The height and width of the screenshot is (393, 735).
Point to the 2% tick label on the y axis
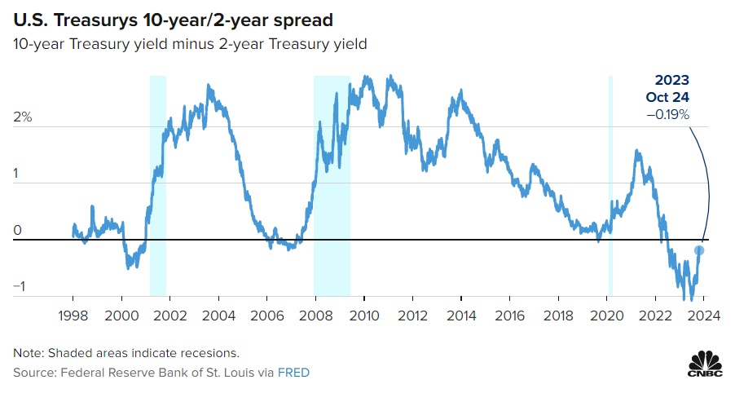coord(22,117)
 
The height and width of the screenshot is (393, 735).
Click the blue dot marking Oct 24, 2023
coord(699,250)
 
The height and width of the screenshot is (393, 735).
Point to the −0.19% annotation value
coord(667,115)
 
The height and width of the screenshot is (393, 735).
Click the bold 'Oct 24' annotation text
coord(667,98)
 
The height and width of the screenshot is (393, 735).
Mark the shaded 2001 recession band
coord(157,185)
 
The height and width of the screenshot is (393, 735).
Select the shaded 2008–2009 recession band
coord(332,185)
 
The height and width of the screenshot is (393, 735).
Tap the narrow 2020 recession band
coord(610,185)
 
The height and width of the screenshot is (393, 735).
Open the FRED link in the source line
coord(294,373)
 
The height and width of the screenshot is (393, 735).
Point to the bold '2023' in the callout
coord(672,81)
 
